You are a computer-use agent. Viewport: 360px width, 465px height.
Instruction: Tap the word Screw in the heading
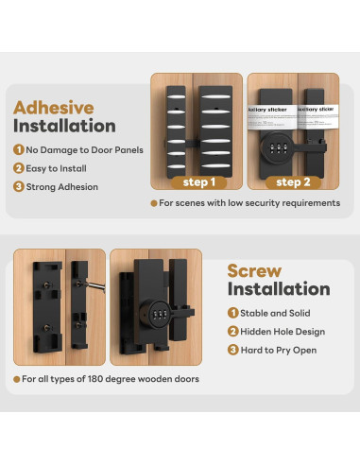pos(254,271)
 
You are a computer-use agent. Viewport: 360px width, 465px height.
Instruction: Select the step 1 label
pos(198,181)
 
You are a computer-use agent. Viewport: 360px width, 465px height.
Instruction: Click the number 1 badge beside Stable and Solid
pos(232,312)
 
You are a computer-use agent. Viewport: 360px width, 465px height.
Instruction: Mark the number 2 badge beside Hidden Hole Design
pos(232,331)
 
